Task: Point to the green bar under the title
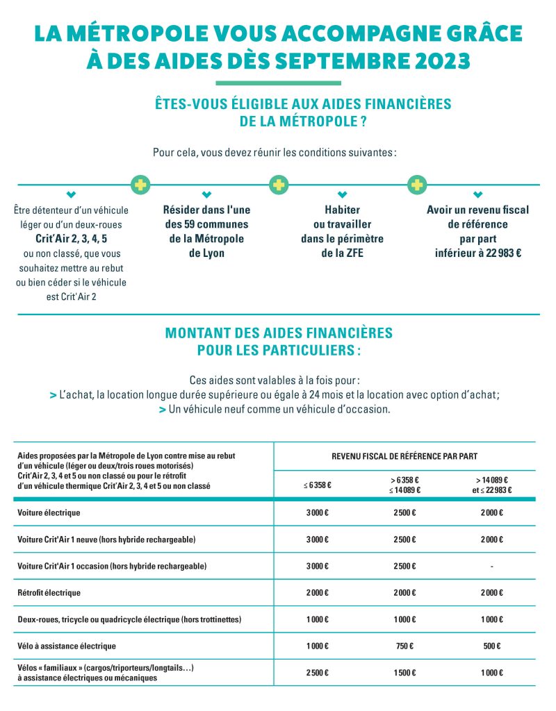click(278, 83)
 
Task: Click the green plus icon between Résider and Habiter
click(279, 185)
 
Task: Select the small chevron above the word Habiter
click(342, 194)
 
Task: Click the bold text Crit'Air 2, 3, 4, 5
click(71, 239)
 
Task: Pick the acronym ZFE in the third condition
click(352, 253)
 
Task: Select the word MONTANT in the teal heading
click(199, 333)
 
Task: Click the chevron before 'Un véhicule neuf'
click(162, 410)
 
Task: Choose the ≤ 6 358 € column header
click(318, 485)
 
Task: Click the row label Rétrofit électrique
click(49, 592)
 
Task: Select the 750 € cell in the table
click(404, 646)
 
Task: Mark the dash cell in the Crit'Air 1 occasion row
click(491, 566)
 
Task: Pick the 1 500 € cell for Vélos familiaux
click(404, 673)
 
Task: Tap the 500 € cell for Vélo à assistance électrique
click(491, 646)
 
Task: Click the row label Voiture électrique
click(49, 512)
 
